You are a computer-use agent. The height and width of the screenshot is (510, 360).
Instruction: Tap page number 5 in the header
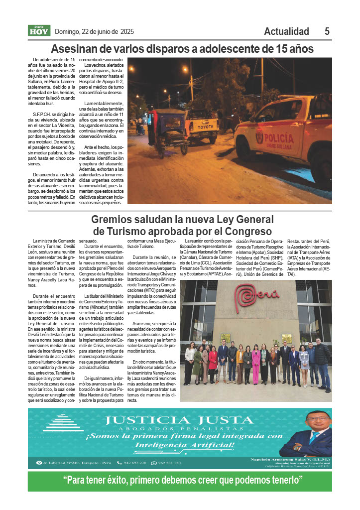point(327,31)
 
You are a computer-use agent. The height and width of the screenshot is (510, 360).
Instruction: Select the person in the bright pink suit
point(255,364)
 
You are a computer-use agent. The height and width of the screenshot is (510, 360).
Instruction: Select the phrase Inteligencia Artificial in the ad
point(183,444)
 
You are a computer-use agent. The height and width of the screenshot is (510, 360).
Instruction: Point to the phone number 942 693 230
point(132,463)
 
